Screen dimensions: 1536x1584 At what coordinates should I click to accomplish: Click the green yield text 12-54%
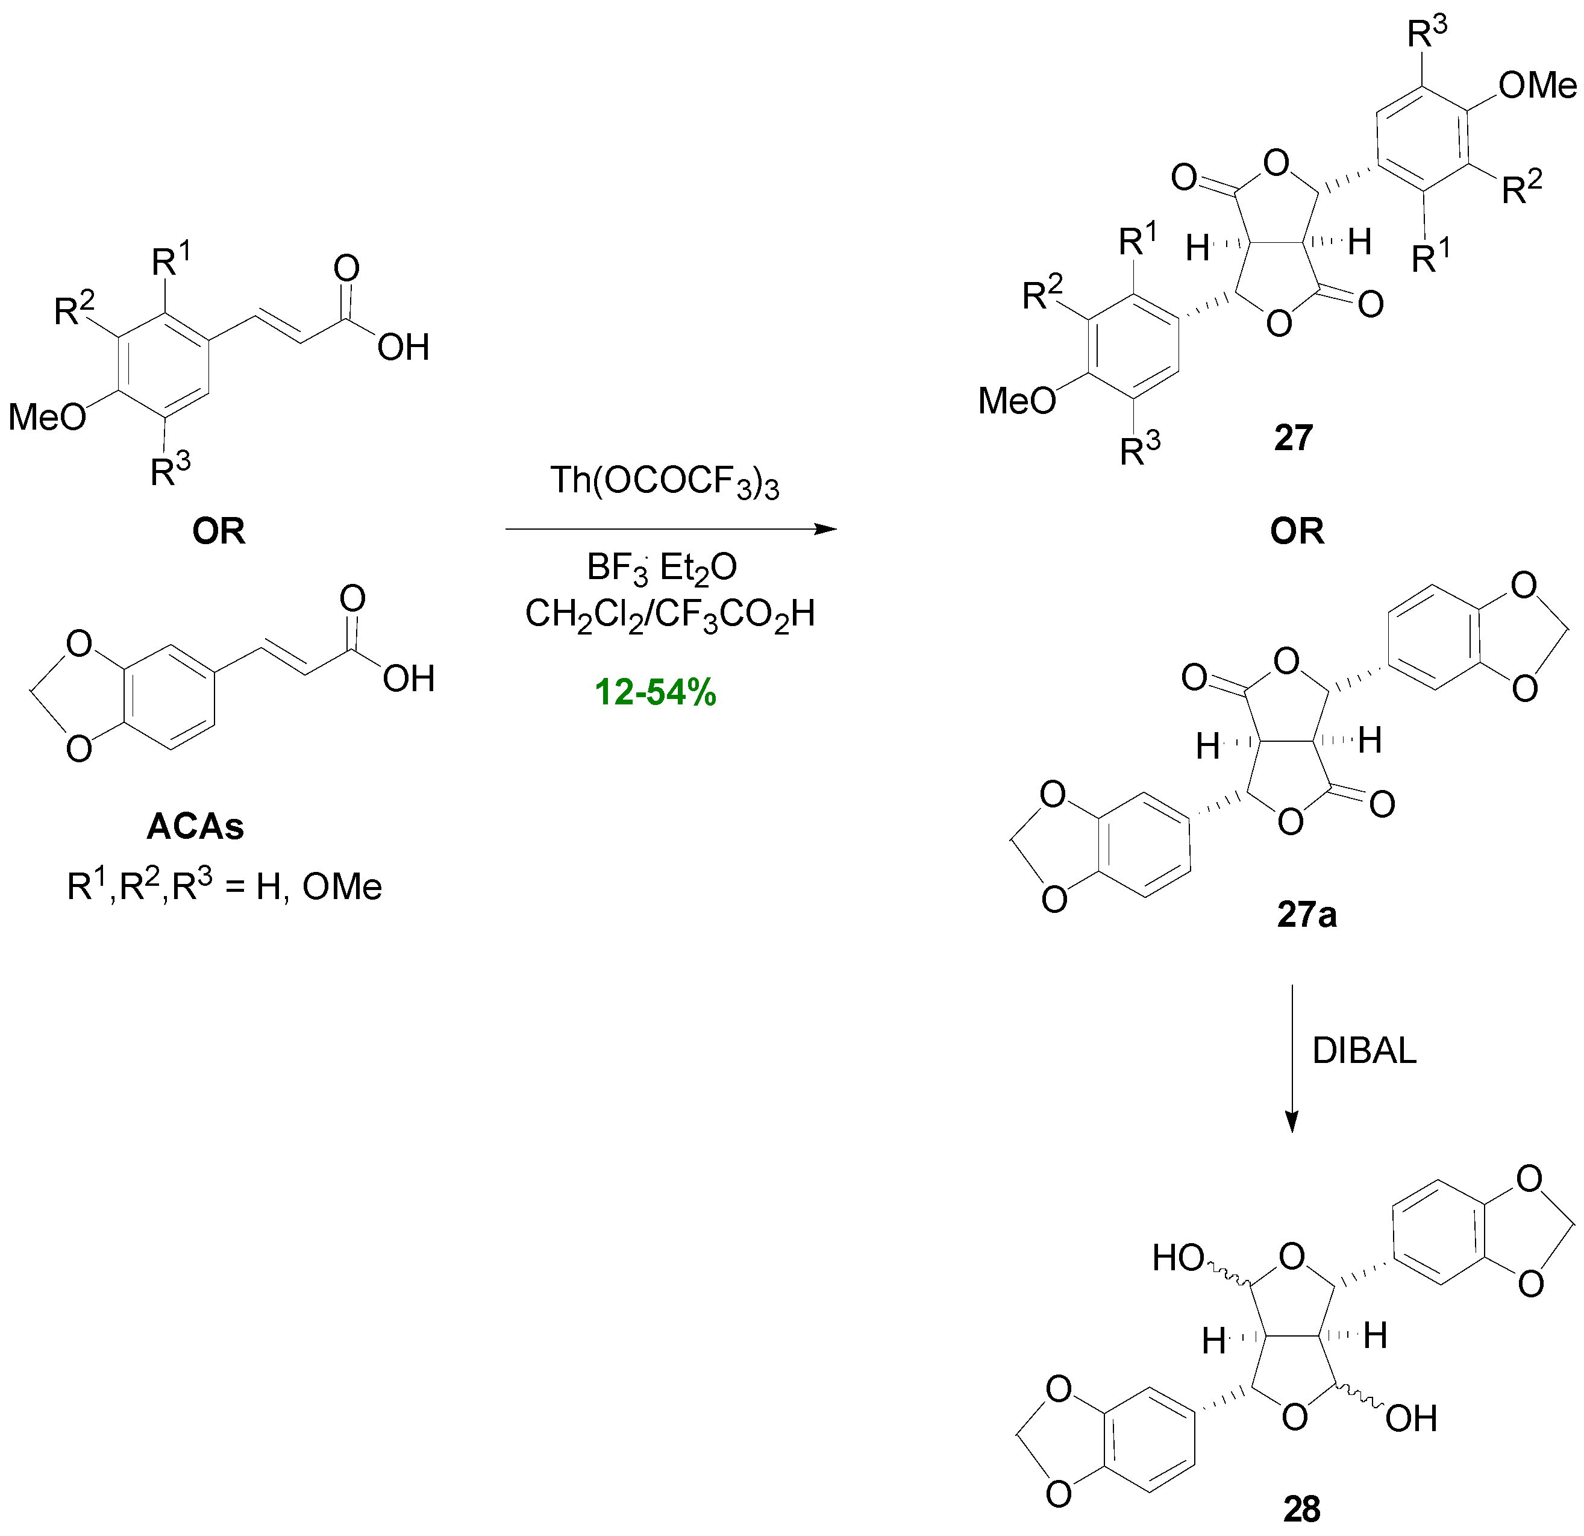click(x=656, y=693)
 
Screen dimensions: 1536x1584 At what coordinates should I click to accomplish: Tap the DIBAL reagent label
click(x=1364, y=1051)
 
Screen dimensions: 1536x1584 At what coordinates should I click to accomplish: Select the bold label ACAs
click(x=196, y=827)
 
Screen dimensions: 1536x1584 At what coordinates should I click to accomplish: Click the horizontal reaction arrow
click(x=671, y=530)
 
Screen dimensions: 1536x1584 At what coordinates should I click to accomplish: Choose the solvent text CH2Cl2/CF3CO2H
click(x=670, y=615)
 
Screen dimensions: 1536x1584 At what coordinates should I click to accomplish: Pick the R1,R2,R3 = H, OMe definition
click(x=224, y=887)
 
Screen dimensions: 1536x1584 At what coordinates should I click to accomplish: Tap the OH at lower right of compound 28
click(x=1411, y=1418)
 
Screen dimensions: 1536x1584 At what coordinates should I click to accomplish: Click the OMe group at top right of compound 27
click(x=1537, y=86)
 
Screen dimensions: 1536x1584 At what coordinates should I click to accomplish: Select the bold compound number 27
click(x=1293, y=438)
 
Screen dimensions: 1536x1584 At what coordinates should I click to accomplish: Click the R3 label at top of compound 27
click(x=1427, y=33)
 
